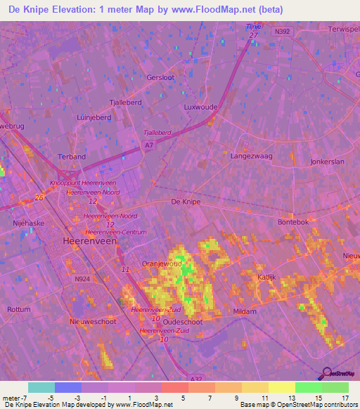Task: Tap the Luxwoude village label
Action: [200, 108]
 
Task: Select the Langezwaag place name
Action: [248, 157]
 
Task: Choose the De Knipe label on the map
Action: [186, 202]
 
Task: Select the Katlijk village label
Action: [266, 278]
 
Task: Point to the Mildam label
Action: [245, 311]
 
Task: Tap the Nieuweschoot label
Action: [93, 321]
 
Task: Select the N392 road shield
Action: [283, 31]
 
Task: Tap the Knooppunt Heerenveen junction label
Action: [83, 183]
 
